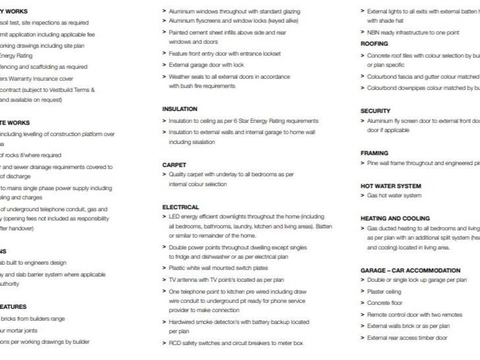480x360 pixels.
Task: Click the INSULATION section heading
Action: pos(180,109)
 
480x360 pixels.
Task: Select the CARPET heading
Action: pos(174,165)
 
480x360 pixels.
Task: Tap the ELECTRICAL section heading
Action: pos(180,207)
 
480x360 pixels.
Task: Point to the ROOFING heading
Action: pos(374,44)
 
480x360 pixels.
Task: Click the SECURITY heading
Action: pos(375,111)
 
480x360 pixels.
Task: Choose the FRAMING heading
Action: pos(374,153)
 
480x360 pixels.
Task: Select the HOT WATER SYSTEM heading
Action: pos(391,186)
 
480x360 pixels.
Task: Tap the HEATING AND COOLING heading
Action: pos(395,218)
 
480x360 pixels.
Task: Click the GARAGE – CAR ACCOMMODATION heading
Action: pos(410,270)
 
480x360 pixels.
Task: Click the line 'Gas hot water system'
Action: pos(394,195)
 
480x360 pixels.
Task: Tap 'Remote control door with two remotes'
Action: pos(414,314)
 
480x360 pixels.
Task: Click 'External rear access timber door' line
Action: pos(407,337)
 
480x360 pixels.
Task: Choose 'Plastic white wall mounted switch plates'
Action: pos(218,268)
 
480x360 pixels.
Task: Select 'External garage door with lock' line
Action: pos(206,65)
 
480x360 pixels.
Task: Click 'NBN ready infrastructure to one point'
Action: pos(413,33)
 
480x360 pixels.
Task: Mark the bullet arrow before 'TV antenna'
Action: pos(165,280)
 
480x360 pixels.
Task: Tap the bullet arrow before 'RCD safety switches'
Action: pos(165,343)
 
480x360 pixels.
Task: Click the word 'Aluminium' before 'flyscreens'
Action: pos(180,21)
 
